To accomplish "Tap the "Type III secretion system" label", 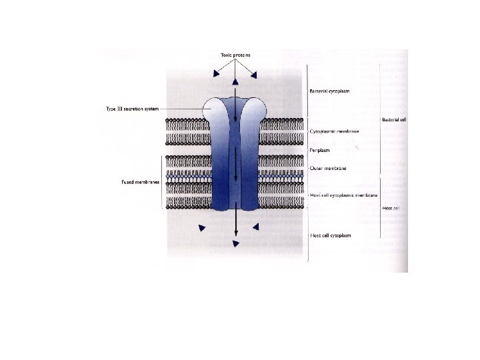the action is pos(132,109).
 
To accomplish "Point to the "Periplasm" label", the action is pos(321,150).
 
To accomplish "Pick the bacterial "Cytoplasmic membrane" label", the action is pos(335,131).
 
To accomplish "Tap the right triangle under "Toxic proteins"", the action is pos(254,73).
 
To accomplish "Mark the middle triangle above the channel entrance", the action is pos(235,81).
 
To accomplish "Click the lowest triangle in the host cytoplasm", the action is pos(235,245).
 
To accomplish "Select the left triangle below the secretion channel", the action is pos(201,229).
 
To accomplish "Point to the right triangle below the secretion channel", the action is pos(255,228).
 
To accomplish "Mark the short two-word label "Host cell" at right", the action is pos(391,209).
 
